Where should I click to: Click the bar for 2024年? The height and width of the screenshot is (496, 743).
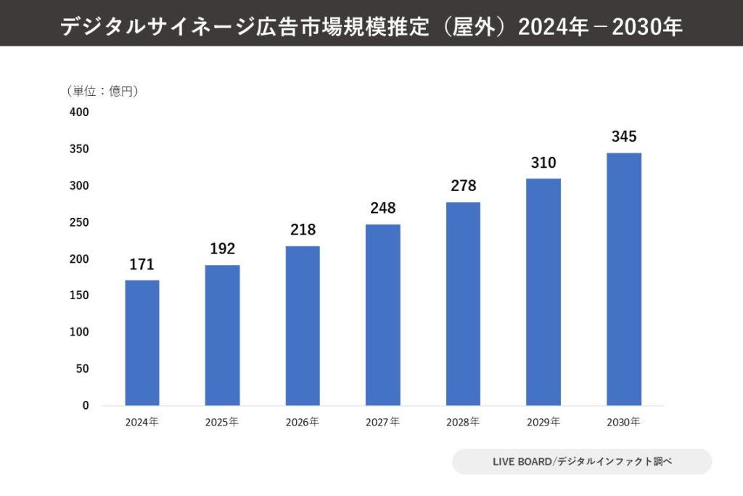click(142, 343)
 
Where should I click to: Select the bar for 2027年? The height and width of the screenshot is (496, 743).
click(382, 314)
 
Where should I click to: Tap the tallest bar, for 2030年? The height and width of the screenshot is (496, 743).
click(623, 279)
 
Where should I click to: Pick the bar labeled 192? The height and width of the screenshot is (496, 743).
click(222, 335)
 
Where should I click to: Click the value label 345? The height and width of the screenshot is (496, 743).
click(623, 137)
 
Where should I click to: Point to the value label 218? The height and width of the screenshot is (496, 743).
click(303, 229)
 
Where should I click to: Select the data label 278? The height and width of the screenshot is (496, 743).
click(463, 186)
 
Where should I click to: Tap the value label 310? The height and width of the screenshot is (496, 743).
click(543, 163)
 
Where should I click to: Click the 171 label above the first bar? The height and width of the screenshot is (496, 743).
click(142, 264)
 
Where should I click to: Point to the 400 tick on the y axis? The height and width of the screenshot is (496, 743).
click(79, 113)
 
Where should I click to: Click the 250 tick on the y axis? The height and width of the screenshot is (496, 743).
click(79, 222)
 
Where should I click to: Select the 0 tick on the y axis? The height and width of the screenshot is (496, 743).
click(85, 405)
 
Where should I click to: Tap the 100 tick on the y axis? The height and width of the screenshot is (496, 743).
click(79, 332)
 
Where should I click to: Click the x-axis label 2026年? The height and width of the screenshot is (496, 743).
click(303, 422)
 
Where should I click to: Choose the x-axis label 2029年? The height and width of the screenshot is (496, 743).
click(543, 422)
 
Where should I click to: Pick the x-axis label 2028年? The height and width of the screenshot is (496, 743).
click(463, 422)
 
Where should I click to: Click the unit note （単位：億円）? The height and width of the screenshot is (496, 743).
click(102, 91)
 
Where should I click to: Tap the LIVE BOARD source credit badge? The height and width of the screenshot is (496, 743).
click(582, 462)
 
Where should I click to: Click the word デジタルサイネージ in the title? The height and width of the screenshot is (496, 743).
click(157, 27)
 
